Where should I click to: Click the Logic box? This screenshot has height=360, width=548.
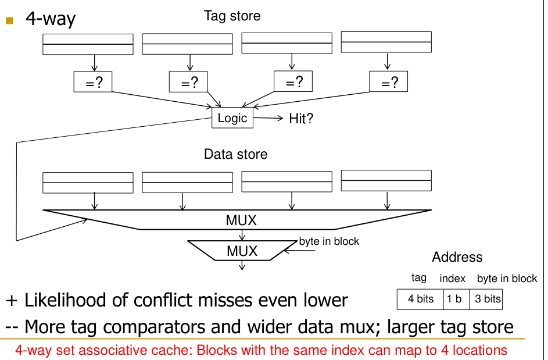[232, 118]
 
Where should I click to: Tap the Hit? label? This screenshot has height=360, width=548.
[301, 119]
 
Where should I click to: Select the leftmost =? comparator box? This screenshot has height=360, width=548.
[93, 83]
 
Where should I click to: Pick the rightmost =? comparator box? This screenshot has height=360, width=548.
[388, 83]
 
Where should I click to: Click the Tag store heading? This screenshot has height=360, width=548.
[232, 16]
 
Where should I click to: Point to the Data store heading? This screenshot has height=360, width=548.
[235, 154]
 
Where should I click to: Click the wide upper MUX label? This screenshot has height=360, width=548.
[241, 220]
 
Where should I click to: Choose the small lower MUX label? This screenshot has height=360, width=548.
[242, 251]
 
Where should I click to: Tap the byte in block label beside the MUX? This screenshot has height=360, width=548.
[329, 241]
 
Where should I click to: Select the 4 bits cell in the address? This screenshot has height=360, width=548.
[420, 299]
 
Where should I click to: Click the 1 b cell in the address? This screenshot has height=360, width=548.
[454, 299]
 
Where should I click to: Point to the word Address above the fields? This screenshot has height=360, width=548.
[457, 257]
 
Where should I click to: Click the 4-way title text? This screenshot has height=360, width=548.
[51, 19]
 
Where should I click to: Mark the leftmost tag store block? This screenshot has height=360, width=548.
[88, 44]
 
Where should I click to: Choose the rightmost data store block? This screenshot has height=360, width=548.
[386, 180]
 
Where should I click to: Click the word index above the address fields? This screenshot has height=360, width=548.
[452, 279]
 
